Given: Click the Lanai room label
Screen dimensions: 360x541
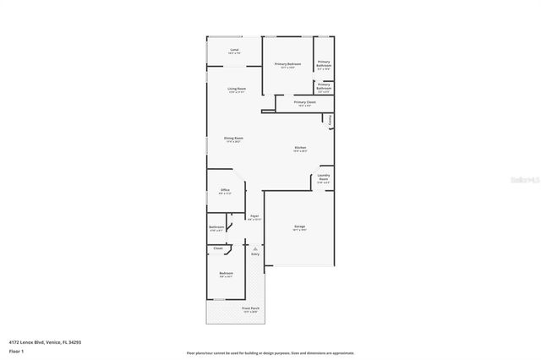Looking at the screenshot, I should click(x=234, y=50).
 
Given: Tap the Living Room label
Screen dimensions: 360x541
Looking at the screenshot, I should click(x=236, y=89).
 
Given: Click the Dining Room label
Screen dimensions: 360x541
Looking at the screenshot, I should click(x=233, y=139).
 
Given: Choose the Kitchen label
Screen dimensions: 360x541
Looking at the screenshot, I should click(x=300, y=148).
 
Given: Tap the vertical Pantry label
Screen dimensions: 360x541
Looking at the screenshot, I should click(x=329, y=121).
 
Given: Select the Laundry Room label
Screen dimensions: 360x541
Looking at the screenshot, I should click(x=323, y=177).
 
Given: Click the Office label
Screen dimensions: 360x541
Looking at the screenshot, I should click(x=225, y=190).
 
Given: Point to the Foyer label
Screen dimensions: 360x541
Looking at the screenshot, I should click(x=254, y=216).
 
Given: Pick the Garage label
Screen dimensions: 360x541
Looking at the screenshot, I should click(x=299, y=227).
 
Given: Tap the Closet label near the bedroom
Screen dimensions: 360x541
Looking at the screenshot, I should click(x=217, y=248).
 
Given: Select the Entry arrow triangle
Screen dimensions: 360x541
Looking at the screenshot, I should click(x=254, y=248).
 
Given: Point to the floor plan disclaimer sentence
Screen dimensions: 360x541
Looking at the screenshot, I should click(x=270, y=352).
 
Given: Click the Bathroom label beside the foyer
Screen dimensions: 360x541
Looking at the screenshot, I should click(x=216, y=227).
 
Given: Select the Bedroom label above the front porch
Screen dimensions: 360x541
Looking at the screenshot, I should click(x=226, y=274).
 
